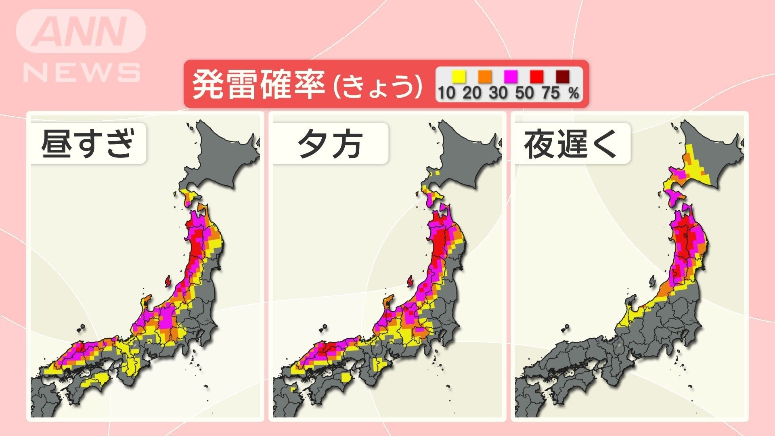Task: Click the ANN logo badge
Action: tap(81, 31)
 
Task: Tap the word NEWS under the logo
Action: tap(82, 73)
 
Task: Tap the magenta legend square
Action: tap(511, 76)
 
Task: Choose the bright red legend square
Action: tap(536, 76)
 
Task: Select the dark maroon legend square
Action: tap(562, 76)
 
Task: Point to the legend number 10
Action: tap(446, 93)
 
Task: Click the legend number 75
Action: tap(551, 93)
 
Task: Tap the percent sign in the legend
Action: tap(574, 93)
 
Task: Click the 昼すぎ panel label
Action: tap(88, 143)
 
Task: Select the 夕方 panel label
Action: tap(330, 143)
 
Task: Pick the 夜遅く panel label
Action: tap(571, 143)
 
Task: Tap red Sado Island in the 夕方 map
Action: tap(411, 281)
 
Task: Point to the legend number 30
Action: tap(498, 93)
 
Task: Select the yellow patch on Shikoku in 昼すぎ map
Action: tap(97, 379)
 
